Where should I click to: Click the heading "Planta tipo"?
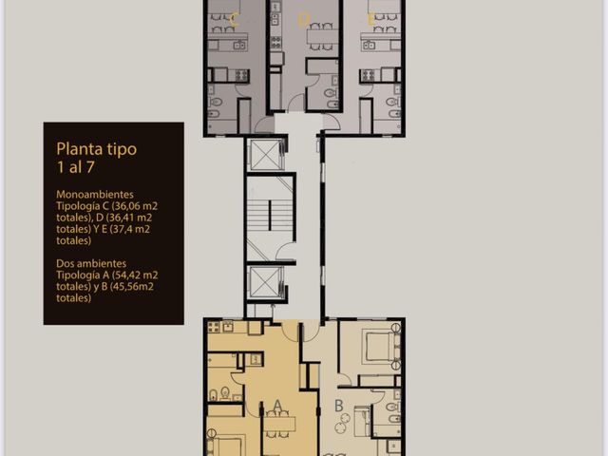coord(97,149)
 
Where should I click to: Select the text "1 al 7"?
coord(76,167)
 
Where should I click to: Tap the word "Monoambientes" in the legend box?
coord(95,194)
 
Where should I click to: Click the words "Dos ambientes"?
coord(91,263)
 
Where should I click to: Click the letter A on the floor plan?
coord(277,405)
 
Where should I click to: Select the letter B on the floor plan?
coord(338,406)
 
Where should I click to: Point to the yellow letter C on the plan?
coord(234,19)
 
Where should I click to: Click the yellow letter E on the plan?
coord(370,19)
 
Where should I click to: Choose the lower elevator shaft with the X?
coord(266,282)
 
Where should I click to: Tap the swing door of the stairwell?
coord(285,251)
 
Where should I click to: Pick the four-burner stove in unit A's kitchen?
coord(213,327)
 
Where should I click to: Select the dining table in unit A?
coord(279,424)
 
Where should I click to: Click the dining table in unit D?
coord(321,37)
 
